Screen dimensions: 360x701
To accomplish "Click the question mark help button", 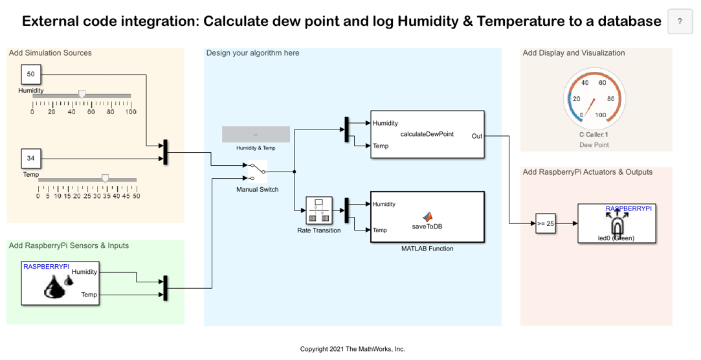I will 680,21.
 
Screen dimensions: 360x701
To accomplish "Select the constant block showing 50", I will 30,74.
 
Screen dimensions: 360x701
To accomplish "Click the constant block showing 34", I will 30,158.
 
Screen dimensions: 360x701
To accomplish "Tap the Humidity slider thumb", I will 82,94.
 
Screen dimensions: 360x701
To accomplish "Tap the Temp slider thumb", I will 105,177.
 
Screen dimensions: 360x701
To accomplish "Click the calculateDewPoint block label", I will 427,134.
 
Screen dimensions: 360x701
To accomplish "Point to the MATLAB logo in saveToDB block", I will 427,216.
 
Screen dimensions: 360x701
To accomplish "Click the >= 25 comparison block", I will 546,223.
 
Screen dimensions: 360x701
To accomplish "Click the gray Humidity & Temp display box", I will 256,134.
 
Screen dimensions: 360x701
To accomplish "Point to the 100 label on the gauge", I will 601,115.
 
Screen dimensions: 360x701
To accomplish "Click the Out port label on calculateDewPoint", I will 476,136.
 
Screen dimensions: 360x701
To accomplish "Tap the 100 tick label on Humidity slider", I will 131,112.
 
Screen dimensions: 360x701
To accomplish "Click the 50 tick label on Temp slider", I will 137,196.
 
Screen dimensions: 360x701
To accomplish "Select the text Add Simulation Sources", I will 50,53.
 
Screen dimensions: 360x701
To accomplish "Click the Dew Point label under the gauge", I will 594,145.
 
